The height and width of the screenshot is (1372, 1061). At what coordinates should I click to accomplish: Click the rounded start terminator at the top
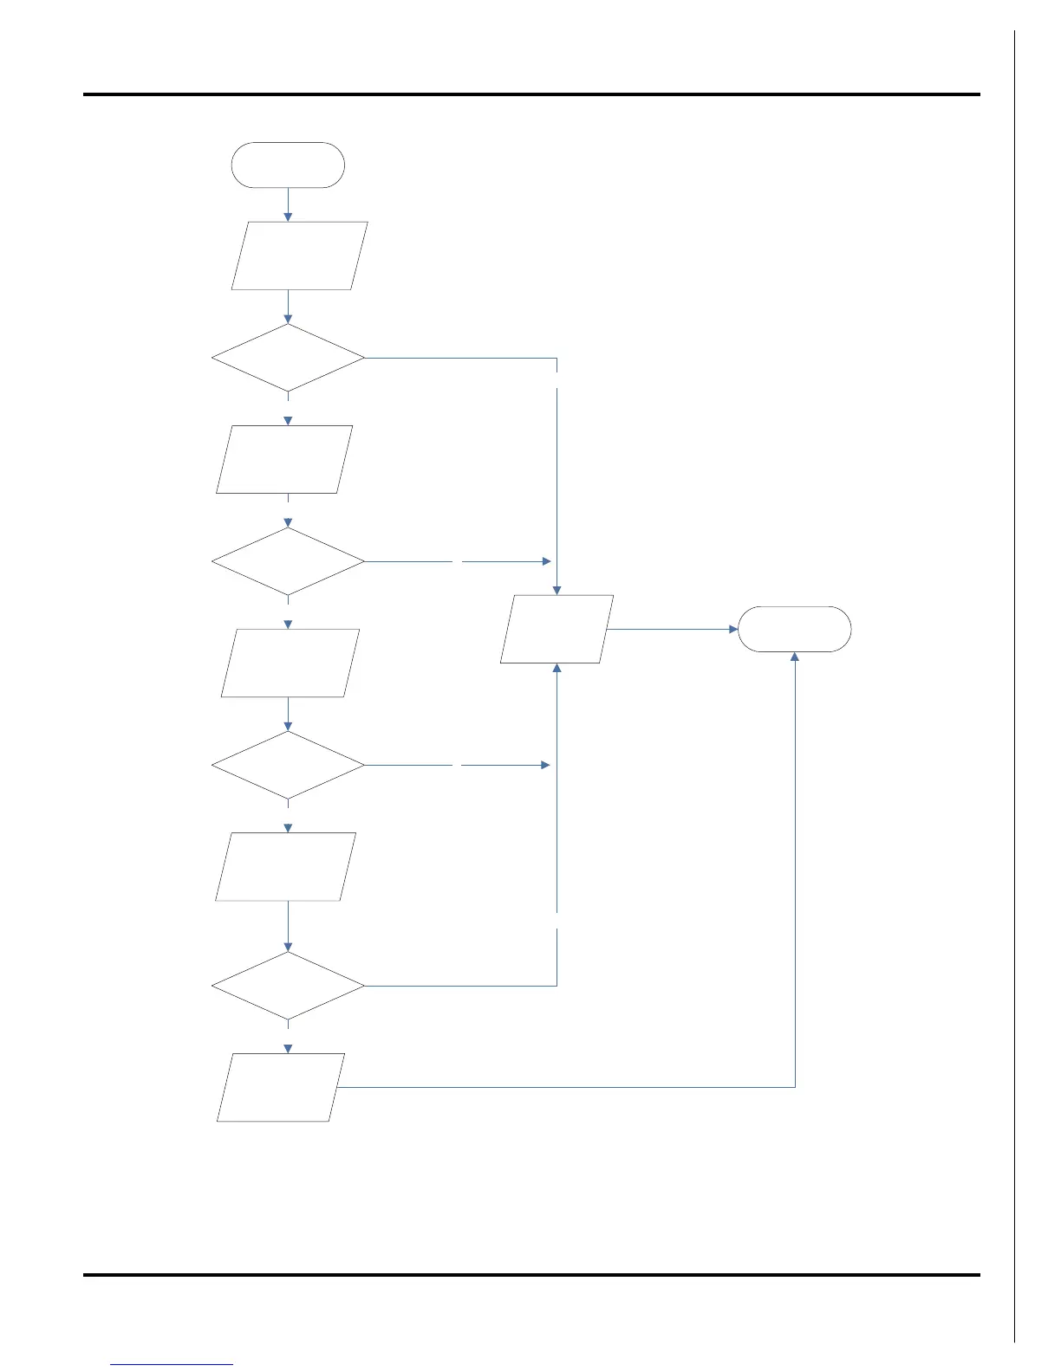(288, 165)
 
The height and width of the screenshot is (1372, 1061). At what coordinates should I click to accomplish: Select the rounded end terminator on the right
(794, 629)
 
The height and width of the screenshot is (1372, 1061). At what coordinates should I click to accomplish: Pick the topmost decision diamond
(288, 358)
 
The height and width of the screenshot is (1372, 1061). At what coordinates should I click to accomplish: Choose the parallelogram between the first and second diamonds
(284, 459)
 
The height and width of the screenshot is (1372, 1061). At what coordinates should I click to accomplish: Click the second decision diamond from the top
(288, 561)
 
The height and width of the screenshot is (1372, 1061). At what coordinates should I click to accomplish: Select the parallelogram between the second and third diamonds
(290, 663)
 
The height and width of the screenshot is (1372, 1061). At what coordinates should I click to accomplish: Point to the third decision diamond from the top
(288, 765)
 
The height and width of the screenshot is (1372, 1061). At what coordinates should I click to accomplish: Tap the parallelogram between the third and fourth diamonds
(286, 866)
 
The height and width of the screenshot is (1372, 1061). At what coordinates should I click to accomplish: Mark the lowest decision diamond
(288, 986)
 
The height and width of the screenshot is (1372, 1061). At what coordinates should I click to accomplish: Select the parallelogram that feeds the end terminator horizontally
(557, 629)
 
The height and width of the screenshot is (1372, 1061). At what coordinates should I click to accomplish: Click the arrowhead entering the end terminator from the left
(732, 629)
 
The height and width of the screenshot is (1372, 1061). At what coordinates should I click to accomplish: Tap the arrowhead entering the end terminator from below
(795, 657)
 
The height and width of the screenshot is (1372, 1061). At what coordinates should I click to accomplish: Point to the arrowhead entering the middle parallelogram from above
(557, 590)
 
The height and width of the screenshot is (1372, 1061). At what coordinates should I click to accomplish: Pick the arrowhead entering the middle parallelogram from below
(557, 669)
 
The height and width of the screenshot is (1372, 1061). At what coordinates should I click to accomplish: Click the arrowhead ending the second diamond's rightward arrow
(546, 561)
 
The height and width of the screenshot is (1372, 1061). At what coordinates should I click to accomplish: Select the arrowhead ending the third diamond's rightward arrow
(546, 765)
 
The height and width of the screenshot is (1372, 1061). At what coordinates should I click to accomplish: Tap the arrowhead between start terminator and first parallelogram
(288, 217)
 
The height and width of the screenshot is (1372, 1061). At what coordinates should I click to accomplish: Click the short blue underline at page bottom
(172, 1364)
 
